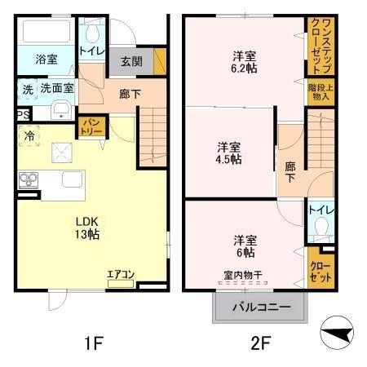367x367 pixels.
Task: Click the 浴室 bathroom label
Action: (46, 60)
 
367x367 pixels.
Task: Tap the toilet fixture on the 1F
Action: (91, 33)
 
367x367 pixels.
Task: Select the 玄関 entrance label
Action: (131, 61)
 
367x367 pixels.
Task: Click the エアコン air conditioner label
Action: (121, 276)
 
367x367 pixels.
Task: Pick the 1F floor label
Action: (94, 343)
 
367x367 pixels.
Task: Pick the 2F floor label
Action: (259, 343)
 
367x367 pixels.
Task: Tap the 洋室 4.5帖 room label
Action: (228, 153)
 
